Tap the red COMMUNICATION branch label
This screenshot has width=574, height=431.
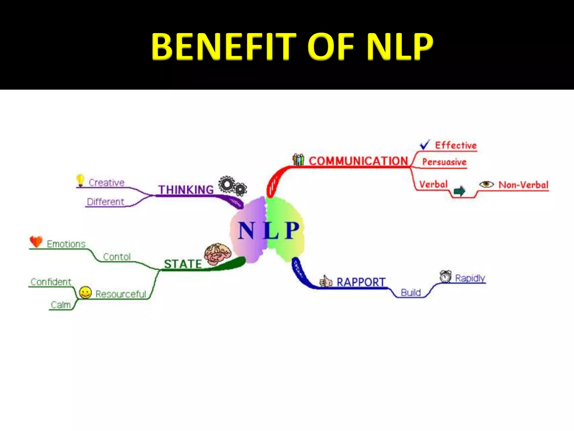pyautogui.click(x=358, y=161)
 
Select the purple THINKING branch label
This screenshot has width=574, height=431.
pyautogui.click(x=186, y=190)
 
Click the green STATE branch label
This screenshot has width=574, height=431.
pyautogui.click(x=183, y=264)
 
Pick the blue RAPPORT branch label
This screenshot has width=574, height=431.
pyautogui.click(x=361, y=282)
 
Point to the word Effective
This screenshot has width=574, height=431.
pyautogui.click(x=456, y=145)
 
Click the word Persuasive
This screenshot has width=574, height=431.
pyautogui.click(x=444, y=162)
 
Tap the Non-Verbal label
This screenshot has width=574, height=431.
pyautogui.click(x=523, y=185)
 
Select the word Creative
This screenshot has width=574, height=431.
pyautogui.click(x=107, y=183)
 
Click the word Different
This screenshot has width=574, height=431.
pyautogui.click(x=105, y=202)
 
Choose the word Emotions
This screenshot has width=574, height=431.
pyautogui.click(x=66, y=244)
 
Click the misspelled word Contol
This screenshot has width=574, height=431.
pyautogui.click(x=117, y=257)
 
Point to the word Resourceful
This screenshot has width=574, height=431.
pyautogui.click(x=121, y=294)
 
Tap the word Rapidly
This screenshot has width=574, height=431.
pyautogui.click(x=470, y=278)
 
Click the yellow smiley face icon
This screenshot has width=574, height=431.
pyautogui.click(x=85, y=292)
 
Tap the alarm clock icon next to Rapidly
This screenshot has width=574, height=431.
pyautogui.click(x=445, y=276)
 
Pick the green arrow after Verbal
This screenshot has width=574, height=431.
pyautogui.click(x=459, y=191)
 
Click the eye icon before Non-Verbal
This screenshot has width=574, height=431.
pyautogui.click(x=486, y=184)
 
